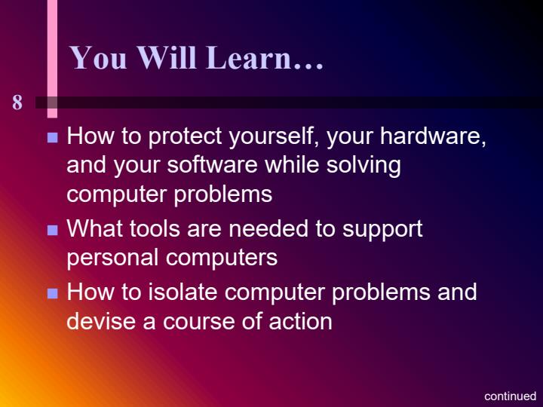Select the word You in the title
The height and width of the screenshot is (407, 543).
pos(99,58)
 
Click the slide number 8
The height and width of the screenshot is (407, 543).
pos(17,103)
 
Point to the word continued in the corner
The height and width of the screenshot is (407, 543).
pos(510,396)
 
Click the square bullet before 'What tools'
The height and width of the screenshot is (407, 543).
pos(53,231)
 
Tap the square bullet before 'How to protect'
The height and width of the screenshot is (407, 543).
pos(53,139)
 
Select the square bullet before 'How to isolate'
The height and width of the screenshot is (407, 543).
pos(53,293)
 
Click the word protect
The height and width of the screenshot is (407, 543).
pos(183,138)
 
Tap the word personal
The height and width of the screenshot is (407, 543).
pos(112,258)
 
